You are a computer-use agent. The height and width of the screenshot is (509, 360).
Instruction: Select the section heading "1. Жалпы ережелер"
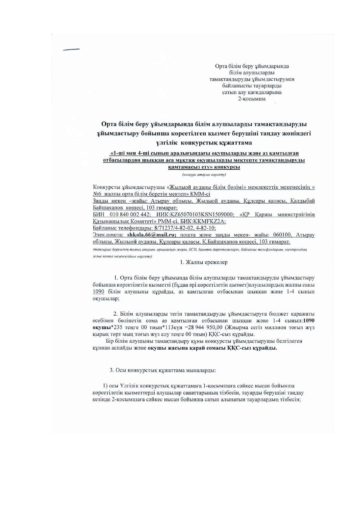coord(204,262)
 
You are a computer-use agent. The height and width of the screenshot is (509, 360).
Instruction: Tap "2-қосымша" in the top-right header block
coord(252,99)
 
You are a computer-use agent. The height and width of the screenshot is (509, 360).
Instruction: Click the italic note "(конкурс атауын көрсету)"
coord(204,175)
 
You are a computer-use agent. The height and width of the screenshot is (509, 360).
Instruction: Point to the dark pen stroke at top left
coord(71,50)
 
